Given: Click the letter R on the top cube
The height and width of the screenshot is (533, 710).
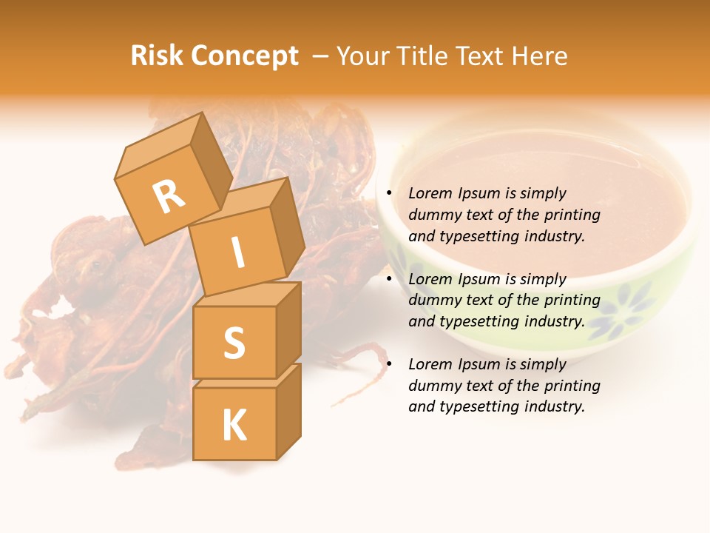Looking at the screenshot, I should click(x=169, y=197).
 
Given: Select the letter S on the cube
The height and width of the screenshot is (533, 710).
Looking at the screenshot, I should click(x=234, y=343).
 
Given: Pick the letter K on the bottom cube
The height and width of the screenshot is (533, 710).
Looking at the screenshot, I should click(x=234, y=425).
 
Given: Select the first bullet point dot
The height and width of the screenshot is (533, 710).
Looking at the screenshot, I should click(x=389, y=193).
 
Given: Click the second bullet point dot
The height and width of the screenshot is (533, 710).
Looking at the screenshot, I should click(x=389, y=279).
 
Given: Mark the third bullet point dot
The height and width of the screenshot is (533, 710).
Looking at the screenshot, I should click(x=389, y=364).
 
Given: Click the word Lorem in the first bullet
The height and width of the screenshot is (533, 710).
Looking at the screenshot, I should click(x=428, y=193).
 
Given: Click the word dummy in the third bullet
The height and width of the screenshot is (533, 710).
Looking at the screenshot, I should click(x=432, y=386).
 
